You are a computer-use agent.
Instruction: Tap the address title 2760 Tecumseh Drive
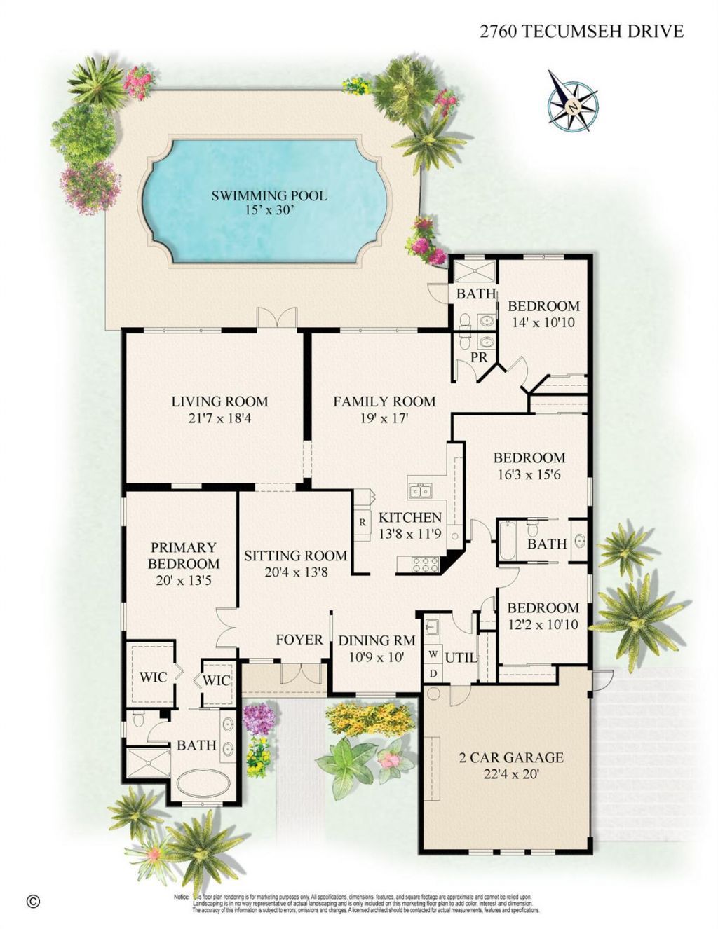581,31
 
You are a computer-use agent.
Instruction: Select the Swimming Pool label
269,195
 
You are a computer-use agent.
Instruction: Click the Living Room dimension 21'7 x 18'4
219,418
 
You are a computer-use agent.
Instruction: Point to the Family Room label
384,401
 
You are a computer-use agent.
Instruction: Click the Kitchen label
410,518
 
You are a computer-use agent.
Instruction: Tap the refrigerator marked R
363,522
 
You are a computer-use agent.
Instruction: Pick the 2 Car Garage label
510,757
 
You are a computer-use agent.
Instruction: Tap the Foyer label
299,640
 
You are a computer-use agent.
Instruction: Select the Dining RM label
377,640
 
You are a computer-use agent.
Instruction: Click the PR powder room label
479,357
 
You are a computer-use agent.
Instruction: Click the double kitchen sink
420,491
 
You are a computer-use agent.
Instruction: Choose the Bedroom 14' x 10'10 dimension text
543,322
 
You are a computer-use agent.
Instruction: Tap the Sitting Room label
295,556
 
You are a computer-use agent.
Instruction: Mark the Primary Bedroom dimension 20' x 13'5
184,580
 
